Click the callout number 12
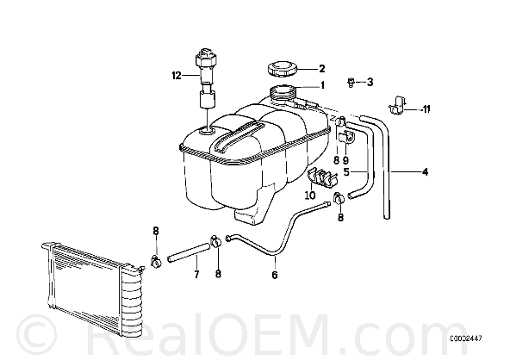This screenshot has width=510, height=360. pos(177,76)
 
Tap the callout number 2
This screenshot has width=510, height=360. pos(321,69)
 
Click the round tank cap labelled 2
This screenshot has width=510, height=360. pos(282,69)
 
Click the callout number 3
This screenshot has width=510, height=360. pos(370,83)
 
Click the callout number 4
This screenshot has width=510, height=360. pos(425,171)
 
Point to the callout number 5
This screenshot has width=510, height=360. pos(346,171)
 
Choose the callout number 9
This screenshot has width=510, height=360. pos(345,160)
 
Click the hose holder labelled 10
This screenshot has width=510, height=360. pos(322,177)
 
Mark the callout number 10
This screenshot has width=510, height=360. pos(310,196)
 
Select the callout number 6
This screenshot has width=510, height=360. pos(275,275)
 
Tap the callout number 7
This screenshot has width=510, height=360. pos(196,275)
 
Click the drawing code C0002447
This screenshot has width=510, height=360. pos(466,338)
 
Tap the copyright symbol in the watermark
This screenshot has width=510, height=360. pos(37,335)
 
